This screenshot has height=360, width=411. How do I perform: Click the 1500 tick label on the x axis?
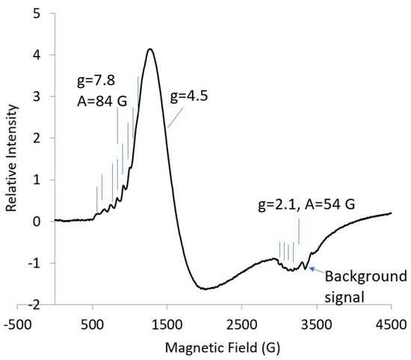coord(167,326)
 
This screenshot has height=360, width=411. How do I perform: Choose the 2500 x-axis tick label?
coord(241,326)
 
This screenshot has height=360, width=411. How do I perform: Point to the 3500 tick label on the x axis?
coord(316,326)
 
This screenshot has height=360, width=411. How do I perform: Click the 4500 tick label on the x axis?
coord(390,326)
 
